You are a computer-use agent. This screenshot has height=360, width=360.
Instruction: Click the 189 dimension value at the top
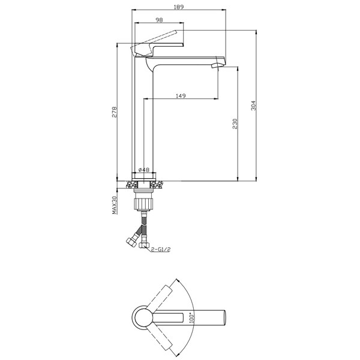pyautogui.click(x=178, y=7)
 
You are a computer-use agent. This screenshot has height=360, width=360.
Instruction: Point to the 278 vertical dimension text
pyautogui.click(x=113, y=112)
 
